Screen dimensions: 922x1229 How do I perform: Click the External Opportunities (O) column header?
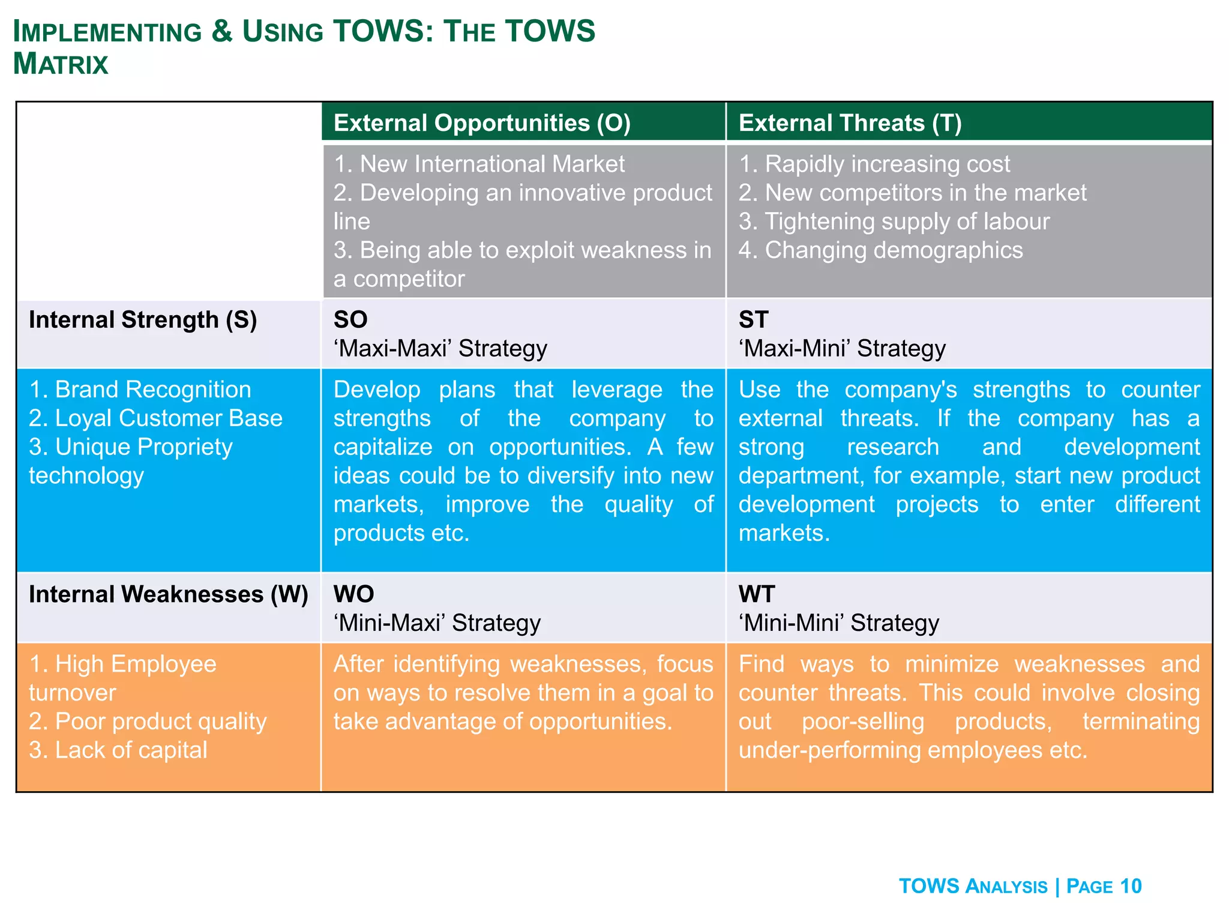pos(482,123)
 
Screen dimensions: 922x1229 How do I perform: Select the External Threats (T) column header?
pos(850,123)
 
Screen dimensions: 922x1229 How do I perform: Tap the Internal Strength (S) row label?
pos(143,320)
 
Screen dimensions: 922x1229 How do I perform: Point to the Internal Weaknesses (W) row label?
pos(168,594)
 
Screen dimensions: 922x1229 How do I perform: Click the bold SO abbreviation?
pos(350,320)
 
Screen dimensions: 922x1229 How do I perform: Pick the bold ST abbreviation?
pos(753,320)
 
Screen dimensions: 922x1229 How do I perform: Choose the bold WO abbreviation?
pos(353,594)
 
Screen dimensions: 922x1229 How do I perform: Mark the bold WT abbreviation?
pos(756,594)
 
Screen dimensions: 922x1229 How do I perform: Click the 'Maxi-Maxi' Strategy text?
pos(440,349)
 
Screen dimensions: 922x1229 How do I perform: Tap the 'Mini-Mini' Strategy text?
pos(838,623)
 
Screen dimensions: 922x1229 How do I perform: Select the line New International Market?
pos(479,164)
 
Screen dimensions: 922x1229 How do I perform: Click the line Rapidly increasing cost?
pos(874,164)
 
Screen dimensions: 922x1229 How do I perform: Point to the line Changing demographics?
pos(880,250)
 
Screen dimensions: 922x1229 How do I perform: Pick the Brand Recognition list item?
pos(140,390)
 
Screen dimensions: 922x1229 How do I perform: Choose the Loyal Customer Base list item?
pos(155,418)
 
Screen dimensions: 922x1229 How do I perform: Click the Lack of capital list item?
pos(118,750)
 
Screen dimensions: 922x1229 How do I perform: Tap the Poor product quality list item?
pos(147,722)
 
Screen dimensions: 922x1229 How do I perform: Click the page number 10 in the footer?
pos(1131,886)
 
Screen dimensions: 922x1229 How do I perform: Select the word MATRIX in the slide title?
pos(61,64)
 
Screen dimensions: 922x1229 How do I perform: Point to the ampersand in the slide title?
pos(221,31)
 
